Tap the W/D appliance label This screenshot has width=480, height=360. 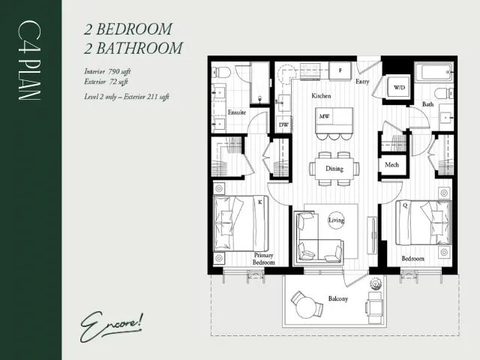tap(399, 88)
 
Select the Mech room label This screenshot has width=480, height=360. tap(391, 165)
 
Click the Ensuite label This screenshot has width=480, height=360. tap(237, 113)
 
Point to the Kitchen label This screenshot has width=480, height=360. tap(322, 97)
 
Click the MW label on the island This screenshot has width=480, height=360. tap(325, 117)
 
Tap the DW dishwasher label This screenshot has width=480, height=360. tap(284, 124)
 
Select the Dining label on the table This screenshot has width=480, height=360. tap(334, 169)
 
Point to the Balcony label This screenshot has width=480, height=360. tap(338, 299)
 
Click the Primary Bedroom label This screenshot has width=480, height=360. tap(262, 259)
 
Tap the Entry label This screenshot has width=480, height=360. tap(362, 82)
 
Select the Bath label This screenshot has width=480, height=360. tap(427, 104)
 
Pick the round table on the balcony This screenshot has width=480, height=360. tap(304, 305)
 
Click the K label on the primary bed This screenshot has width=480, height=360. tap(259, 202)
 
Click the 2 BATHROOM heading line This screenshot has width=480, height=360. tap(133, 48)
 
